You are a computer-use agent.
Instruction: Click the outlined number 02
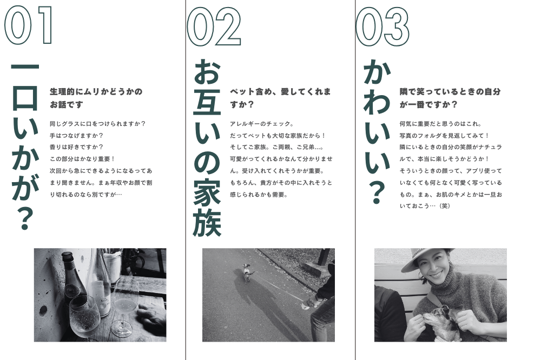pos(214,26)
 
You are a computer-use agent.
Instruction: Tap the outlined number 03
pos(382,26)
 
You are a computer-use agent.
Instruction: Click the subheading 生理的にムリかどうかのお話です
pos(96,98)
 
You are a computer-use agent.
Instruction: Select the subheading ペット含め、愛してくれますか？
pos(280,98)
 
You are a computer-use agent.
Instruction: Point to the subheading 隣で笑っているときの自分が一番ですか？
pos(450,98)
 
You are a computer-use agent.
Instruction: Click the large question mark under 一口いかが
pos(25,218)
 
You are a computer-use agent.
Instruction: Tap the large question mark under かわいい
pos(377,193)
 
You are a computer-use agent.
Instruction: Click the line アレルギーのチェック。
pos(262,124)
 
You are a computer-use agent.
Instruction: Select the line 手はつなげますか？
pos(76,136)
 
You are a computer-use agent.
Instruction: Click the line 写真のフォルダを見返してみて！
pos(444,136)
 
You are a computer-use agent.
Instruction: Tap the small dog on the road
pos(247,272)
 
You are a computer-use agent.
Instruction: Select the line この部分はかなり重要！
pos(82,159)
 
